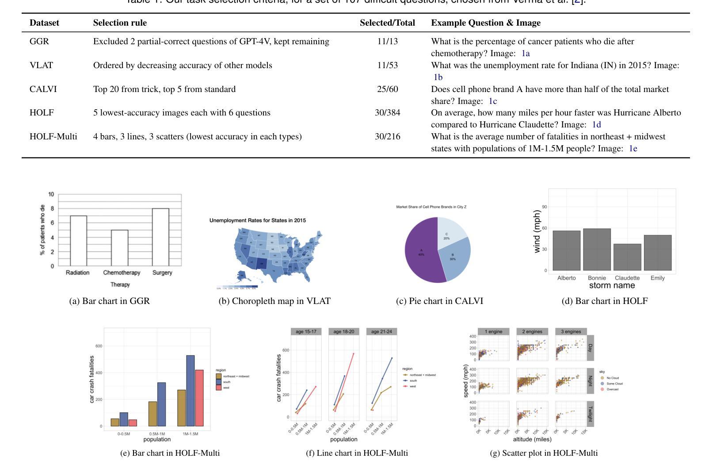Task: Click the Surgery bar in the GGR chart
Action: [160, 237]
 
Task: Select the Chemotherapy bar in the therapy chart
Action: [119, 248]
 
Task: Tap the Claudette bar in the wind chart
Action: [627, 257]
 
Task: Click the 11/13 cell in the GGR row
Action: [387, 42]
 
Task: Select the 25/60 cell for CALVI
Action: [387, 89]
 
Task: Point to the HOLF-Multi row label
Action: [53, 137]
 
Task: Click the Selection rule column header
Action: [120, 23]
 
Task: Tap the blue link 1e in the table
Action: [633, 149]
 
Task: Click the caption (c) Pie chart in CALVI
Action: [439, 301]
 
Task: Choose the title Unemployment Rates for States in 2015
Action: [258, 220]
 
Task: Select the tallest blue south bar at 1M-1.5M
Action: [190, 391]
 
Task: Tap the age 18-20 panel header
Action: [344, 331]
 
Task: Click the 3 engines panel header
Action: [571, 331]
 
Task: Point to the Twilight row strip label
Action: [590, 414]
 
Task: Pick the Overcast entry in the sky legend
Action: [612, 389]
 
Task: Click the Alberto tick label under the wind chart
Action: [566, 278]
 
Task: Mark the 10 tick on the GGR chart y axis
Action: [51, 194]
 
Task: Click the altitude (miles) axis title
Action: [532, 439]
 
